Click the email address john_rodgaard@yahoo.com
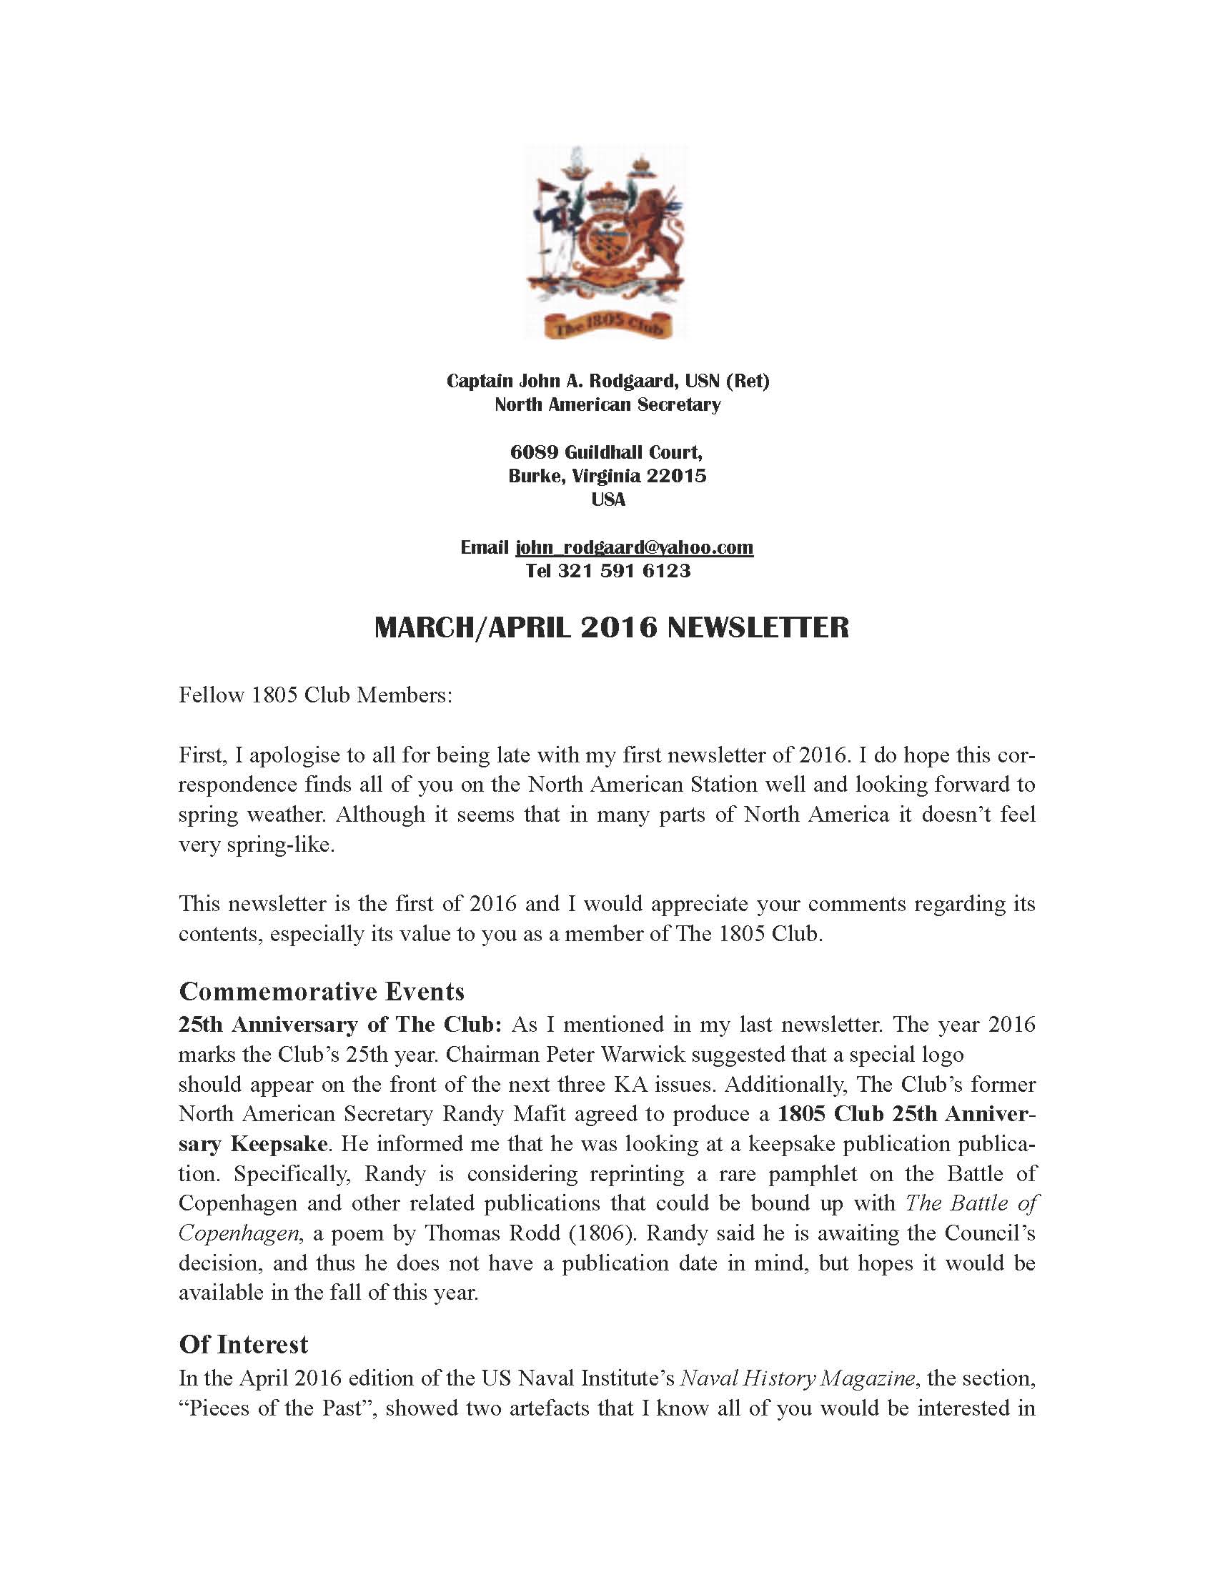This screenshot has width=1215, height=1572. coord(634,548)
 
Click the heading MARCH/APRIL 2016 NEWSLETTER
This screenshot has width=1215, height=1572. coord(611,628)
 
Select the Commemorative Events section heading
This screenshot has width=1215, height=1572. coord(321,992)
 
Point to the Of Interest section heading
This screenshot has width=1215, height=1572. coord(243,1345)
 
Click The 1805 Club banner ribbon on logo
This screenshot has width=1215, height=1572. coord(608,325)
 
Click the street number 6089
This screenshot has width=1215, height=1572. coord(534,452)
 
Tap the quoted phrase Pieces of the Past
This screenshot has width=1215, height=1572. coord(279,1408)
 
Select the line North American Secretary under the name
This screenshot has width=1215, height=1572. coord(607,405)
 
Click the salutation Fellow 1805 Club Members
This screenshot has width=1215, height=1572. coord(315,695)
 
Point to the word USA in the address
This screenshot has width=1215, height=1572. coord(608,499)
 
